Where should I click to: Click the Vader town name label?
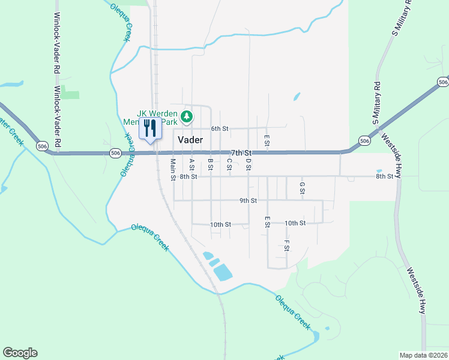(x=191, y=139)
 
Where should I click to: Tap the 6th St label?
(x=220, y=128)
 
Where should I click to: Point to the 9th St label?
(x=248, y=200)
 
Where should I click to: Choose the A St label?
(x=192, y=164)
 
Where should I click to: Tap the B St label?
(x=211, y=164)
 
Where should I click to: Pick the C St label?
(x=229, y=164)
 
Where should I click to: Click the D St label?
(x=248, y=164)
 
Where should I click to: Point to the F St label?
(x=287, y=245)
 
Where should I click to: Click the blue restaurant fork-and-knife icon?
(x=149, y=128)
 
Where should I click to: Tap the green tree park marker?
(x=187, y=116)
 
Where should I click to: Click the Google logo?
(x=20, y=353)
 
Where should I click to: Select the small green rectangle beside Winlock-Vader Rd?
(x=70, y=95)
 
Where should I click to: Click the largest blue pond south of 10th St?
(x=221, y=272)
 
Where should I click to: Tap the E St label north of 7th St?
(x=267, y=140)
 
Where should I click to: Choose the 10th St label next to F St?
(x=295, y=223)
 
